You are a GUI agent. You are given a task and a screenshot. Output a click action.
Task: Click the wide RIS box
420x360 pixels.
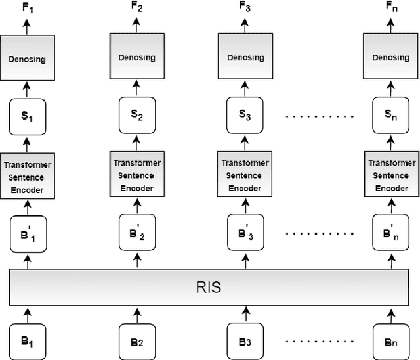pos(210,288)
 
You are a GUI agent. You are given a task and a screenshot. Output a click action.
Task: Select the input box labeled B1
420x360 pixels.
pos(27,341)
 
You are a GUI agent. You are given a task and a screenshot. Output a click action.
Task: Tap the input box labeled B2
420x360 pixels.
pos(136,341)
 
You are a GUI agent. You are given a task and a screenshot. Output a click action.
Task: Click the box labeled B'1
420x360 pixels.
pos(27,235)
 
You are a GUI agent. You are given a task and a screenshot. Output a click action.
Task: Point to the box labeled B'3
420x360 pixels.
pos(244,233)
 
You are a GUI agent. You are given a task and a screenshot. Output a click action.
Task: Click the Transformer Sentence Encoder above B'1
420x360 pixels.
pos(27,175)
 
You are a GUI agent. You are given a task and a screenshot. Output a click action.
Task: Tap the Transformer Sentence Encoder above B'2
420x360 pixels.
pos(136,175)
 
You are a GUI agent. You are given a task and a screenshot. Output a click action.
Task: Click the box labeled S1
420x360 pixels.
pos(27,116)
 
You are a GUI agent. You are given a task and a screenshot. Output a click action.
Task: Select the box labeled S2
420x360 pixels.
pos(136,116)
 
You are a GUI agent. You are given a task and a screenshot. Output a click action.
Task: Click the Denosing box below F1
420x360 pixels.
pos(27,59)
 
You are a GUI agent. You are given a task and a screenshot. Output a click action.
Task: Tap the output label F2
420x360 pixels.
pos(136,7)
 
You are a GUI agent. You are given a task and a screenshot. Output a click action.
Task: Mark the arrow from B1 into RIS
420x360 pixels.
pos(27,314)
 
